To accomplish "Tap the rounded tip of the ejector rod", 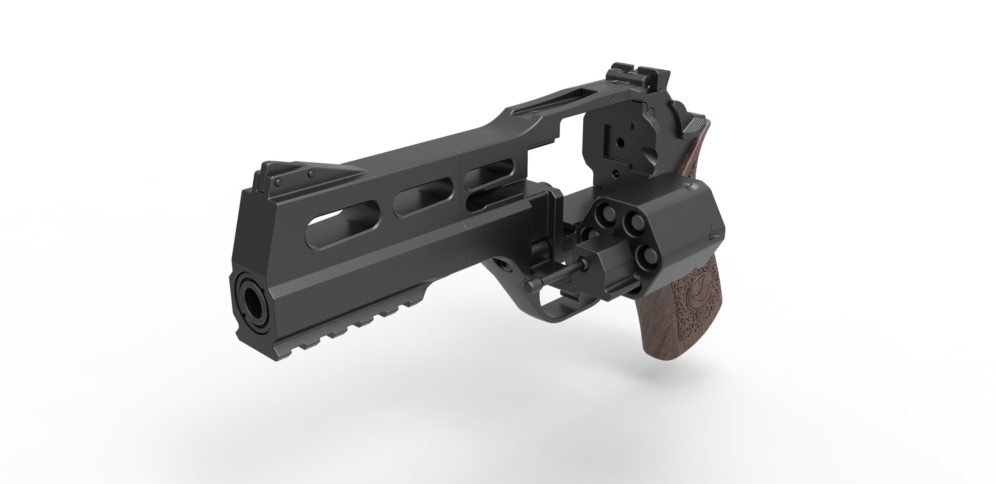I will tap(529, 287).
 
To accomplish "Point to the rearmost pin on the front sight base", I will tap(310, 174).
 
